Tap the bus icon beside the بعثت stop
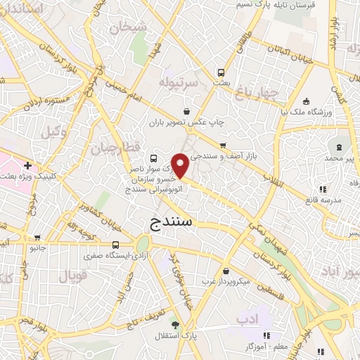point(221,72)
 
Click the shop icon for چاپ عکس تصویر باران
point(186,110)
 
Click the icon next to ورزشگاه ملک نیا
point(304,100)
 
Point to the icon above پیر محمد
point(340,148)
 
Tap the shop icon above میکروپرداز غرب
point(224,271)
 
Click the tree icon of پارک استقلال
point(175,325)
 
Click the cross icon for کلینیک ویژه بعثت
point(27,166)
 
